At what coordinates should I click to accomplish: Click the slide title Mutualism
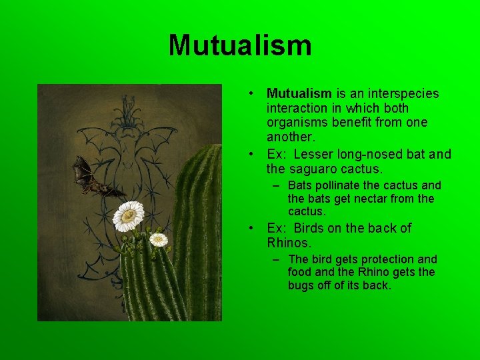click(x=240, y=46)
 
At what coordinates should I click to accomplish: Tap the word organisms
click(x=294, y=123)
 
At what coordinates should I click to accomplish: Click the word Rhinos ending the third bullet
click(x=289, y=243)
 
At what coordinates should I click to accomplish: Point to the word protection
click(x=385, y=259)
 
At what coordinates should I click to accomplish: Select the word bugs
click(x=301, y=286)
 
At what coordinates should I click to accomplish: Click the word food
click(x=301, y=273)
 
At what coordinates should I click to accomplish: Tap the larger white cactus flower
click(x=129, y=215)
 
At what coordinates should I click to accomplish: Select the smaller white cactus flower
click(x=158, y=239)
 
